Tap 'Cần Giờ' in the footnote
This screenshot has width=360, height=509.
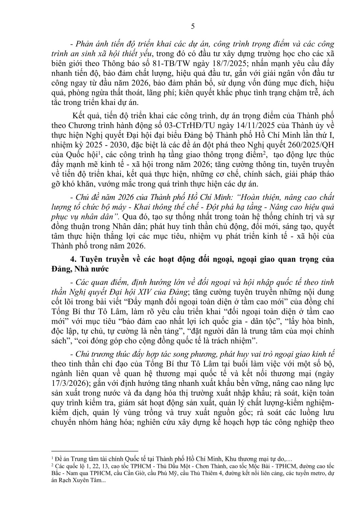point(115,472)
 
